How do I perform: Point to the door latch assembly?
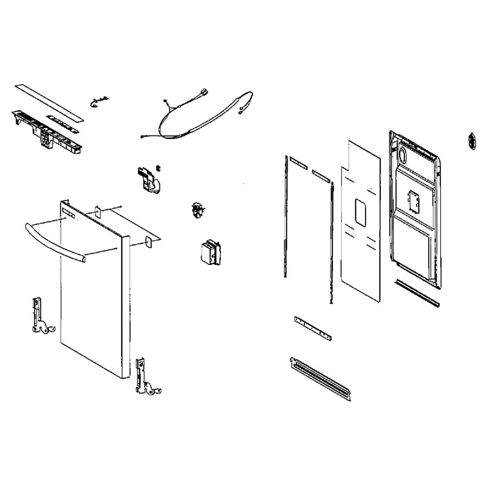(147, 178)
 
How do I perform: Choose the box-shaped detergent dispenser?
(210, 252)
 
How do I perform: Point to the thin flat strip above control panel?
(48, 101)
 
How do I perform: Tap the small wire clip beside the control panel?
(96, 101)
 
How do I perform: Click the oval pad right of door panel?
(151, 241)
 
